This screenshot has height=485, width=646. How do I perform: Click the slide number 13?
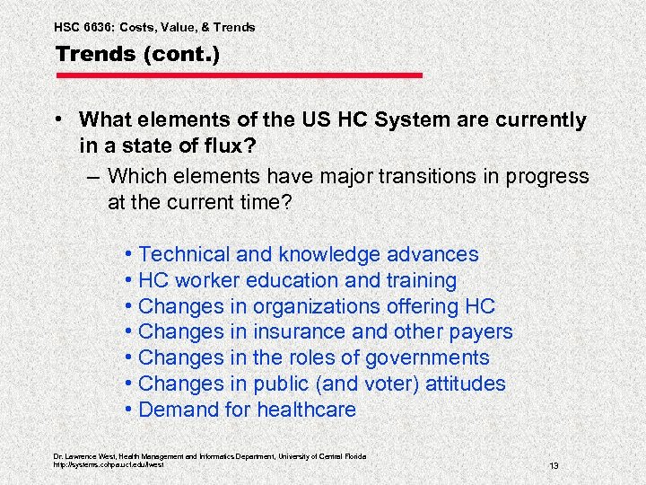(x=554, y=465)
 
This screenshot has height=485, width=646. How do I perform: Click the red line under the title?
(x=239, y=75)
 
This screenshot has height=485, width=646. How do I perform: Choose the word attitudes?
(x=463, y=384)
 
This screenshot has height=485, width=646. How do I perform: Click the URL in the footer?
(x=109, y=464)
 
